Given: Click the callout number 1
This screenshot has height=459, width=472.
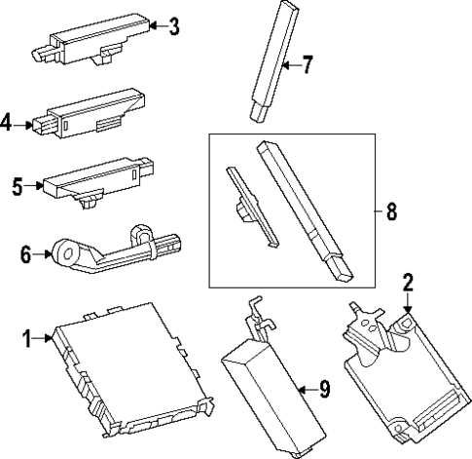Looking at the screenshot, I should tap(26, 338).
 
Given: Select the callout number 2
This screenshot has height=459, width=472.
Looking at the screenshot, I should tap(409, 284).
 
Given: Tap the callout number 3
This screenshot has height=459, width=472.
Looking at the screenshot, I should tap(173, 26).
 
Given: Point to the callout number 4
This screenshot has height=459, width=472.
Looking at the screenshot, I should tap(8, 123).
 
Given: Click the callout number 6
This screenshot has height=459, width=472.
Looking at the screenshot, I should tap(26, 254).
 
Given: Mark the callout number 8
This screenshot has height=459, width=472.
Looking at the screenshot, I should tap(390, 211).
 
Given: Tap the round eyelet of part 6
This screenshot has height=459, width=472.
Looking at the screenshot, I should tap(70, 255).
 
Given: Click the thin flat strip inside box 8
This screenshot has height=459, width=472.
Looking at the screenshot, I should tap(251, 205).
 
